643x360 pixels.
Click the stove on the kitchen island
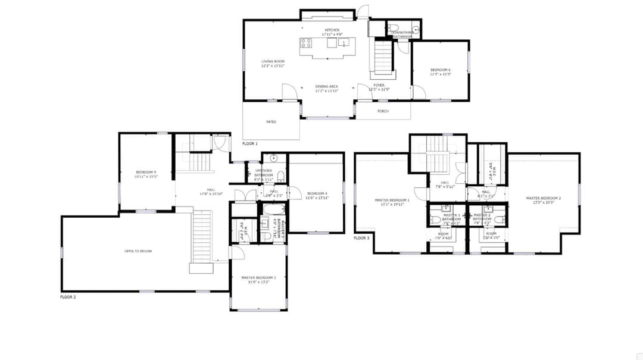[x=306, y=43]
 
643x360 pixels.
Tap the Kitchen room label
[x=332, y=30]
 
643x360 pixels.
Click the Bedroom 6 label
[x=440, y=70]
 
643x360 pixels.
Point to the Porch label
[x=383, y=111]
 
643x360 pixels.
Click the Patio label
[x=271, y=121]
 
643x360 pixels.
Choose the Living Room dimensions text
[x=273, y=66]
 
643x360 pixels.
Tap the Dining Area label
[x=326, y=86]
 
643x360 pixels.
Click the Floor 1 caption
[x=250, y=144]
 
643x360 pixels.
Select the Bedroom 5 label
[x=145, y=172]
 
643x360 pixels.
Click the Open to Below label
[x=138, y=251]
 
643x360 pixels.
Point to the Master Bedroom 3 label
[x=258, y=277]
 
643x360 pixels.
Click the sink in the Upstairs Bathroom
[x=273, y=158]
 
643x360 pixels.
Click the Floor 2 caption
[x=68, y=296]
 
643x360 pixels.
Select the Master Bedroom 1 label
[x=392, y=200]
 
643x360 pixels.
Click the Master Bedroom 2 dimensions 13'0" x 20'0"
[x=543, y=202]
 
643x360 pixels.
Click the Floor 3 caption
[x=361, y=238]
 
